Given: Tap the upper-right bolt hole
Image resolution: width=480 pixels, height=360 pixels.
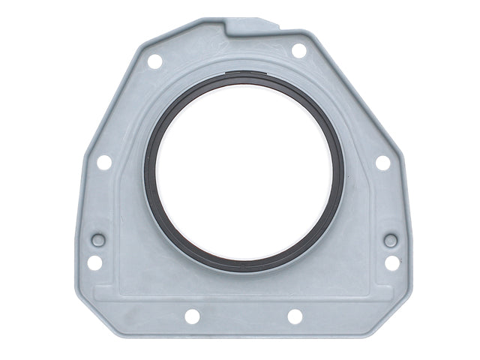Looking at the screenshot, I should tap(298, 50).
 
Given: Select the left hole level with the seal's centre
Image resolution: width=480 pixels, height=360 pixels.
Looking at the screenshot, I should tap(104, 162).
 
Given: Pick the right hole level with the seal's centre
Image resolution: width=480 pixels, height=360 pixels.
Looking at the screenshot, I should tap(382, 162).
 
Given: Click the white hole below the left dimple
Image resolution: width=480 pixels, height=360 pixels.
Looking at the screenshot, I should tap(94, 262).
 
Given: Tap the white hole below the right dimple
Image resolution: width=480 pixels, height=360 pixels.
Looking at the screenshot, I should tap(392, 262).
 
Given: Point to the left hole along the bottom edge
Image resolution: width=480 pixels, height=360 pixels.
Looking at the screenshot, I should tap(193, 316).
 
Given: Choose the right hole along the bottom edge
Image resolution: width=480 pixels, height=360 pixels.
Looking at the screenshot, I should tap(295, 316).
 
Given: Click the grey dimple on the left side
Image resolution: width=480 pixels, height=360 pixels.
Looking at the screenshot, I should tap(97, 241).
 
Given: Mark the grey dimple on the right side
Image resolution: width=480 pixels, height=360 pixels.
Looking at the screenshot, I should tap(391, 241).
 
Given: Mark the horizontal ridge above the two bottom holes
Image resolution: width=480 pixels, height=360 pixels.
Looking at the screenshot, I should tap(244, 299).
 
